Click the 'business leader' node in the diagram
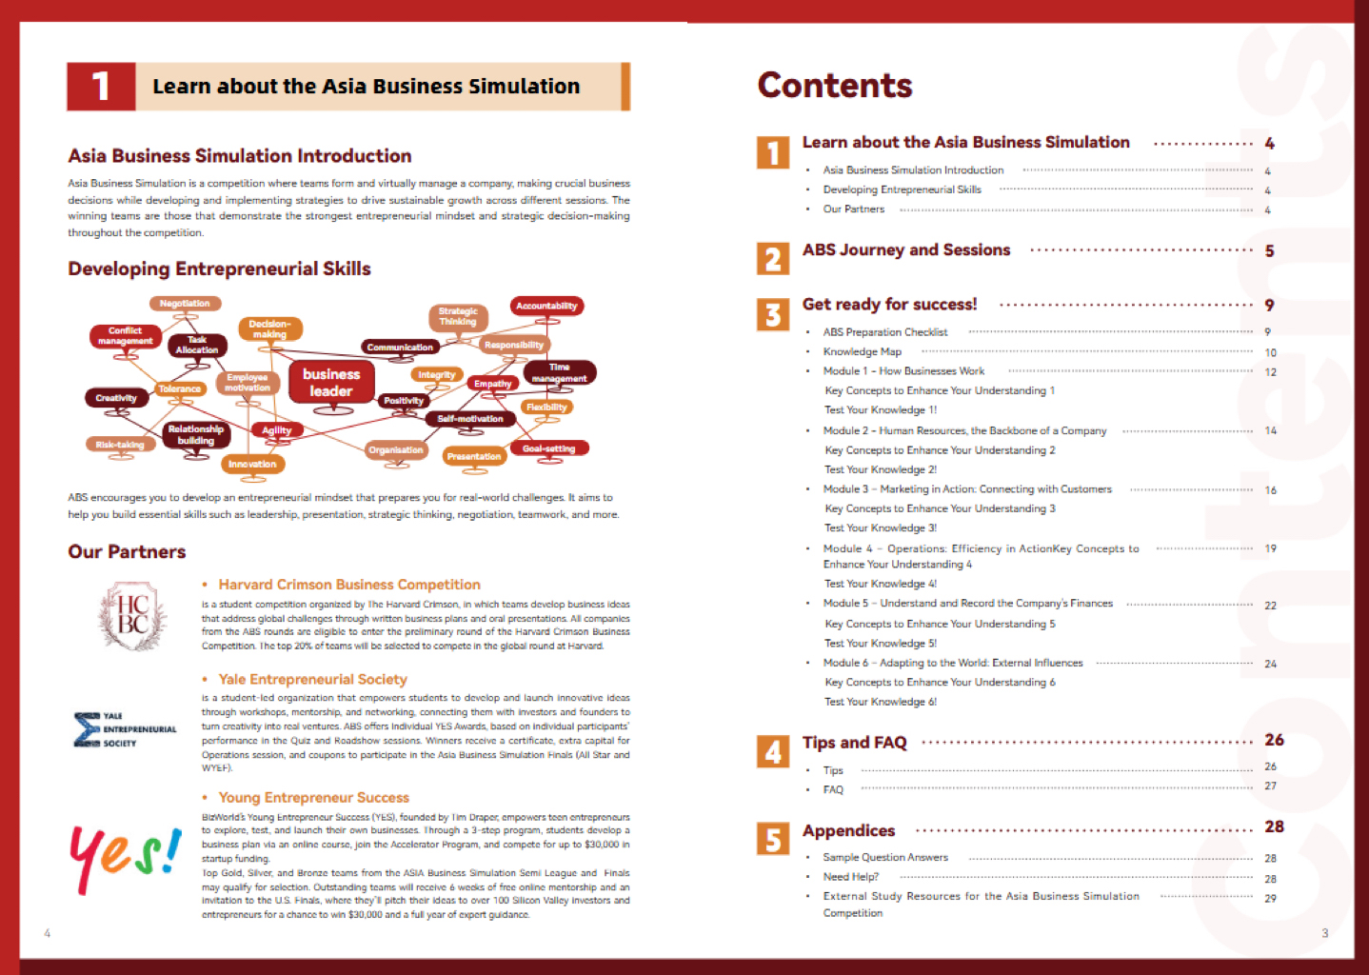tap(331, 383)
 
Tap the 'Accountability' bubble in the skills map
tap(546, 306)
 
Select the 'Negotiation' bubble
tap(185, 304)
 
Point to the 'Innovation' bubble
tap(252, 465)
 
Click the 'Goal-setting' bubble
tap(548, 448)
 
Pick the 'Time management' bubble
tap(560, 372)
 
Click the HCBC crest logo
tap(132, 615)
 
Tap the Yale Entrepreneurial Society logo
tap(125, 729)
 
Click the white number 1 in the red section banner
tap(101, 87)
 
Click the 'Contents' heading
tap(835, 86)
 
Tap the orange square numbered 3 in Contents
tap(773, 315)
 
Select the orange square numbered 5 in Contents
tap(773, 839)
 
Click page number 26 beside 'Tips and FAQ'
tap(1274, 740)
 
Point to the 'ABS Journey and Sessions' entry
tap(905, 250)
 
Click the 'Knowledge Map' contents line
tap(862, 352)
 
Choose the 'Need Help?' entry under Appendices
tap(850, 877)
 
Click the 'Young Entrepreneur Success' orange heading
tap(313, 798)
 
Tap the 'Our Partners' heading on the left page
tap(127, 552)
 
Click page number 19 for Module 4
tap(1270, 548)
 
